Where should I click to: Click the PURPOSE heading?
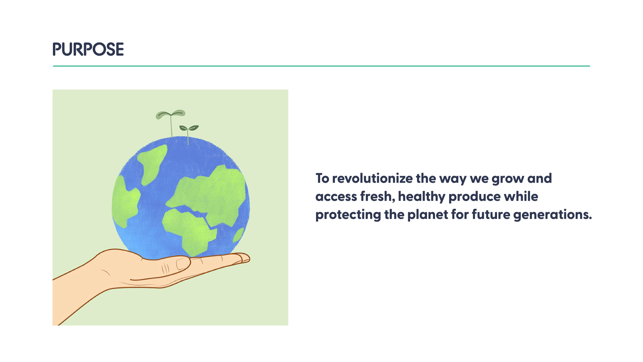pos(88,49)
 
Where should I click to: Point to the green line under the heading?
pos(321,66)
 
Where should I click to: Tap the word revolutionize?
pos(372,178)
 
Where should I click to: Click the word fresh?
pos(378,196)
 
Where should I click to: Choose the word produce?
pos(474,197)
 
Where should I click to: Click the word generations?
pos(553,215)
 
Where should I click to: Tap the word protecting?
pos(348,215)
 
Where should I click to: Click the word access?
pos(336,197)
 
